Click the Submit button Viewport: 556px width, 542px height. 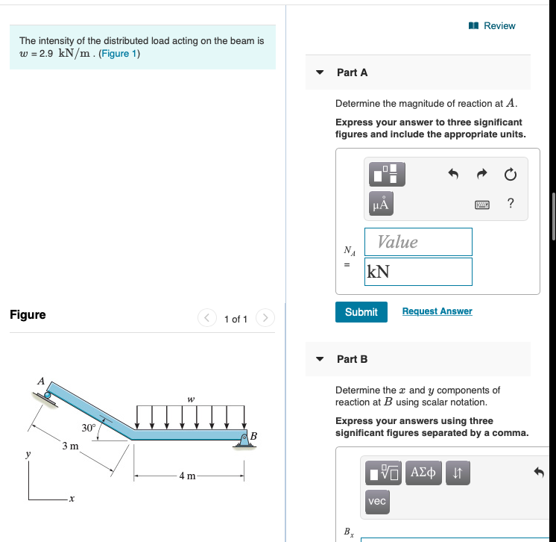click(361, 312)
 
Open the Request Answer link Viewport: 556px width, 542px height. click(437, 311)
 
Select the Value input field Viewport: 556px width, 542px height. click(418, 242)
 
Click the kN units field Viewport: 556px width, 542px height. click(418, 272)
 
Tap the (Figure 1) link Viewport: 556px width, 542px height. click(120, 54)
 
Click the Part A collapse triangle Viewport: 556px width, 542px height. click(320, 72)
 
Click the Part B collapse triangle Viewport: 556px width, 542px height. click(320, 359)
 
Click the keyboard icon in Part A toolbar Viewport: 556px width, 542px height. click(482, 205)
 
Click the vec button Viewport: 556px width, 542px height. click(378, 501)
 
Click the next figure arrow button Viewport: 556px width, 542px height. click(265, 319)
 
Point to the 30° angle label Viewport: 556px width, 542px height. click(89, 428)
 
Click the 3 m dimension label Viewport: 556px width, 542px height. click(71, 446)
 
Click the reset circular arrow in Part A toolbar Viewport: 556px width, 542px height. click(510, 175)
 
